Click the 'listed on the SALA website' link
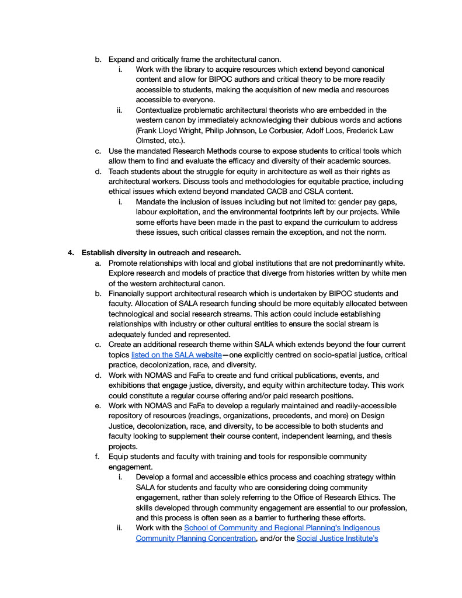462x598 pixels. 176,355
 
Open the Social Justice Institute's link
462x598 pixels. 337,538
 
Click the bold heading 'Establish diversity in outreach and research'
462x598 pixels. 161,252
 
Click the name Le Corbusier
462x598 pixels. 288,130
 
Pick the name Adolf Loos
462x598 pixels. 337,130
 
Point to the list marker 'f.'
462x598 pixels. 98,457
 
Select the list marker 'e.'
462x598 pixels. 98,406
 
